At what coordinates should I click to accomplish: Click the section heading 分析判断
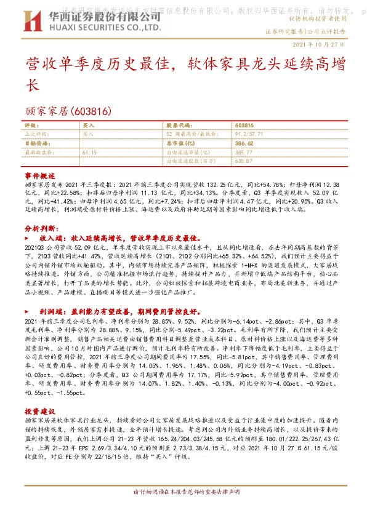(x=40, y=228)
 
